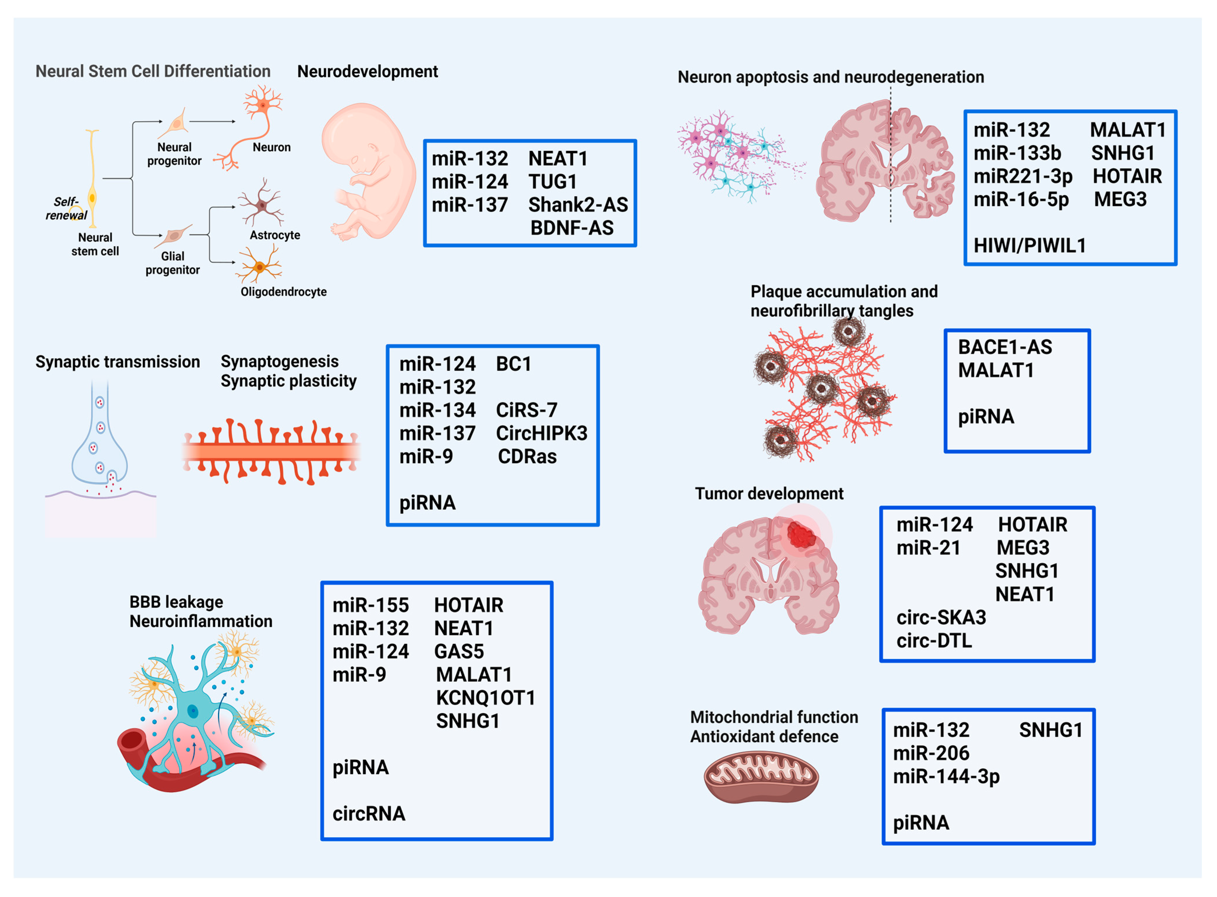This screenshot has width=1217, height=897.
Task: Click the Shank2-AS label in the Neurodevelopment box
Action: [578, 205]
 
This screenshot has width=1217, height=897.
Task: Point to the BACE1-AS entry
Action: [1005, 347]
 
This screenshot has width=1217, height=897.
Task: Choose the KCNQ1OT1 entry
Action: [485, 698]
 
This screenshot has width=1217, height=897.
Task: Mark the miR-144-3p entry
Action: [946, 777]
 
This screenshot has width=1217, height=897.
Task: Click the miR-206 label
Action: [931, 753]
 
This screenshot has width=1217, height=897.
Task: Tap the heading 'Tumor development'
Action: [769, 494]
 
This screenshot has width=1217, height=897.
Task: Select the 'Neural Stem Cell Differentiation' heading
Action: [153, 71]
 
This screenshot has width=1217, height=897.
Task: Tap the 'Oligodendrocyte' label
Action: [284, 292]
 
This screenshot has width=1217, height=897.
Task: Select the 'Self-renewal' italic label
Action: [66, 209]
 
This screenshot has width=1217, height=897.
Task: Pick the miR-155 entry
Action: [370, 605]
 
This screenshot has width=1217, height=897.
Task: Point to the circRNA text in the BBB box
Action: [368, 814]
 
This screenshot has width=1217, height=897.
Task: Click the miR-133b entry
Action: [1017, 153]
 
